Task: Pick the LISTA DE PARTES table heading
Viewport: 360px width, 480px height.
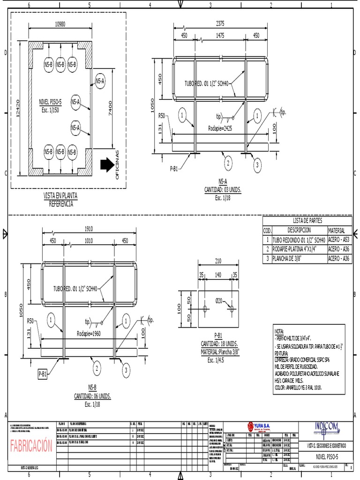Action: (307, 221)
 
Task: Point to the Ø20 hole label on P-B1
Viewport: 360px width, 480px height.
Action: (219, 300)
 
